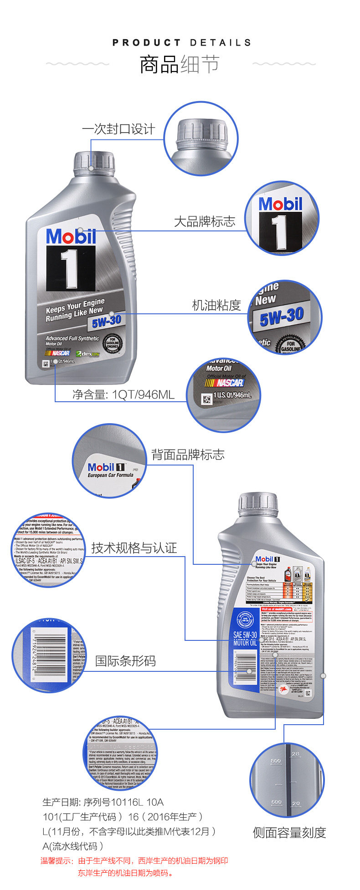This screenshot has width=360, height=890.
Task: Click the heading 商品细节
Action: pyautogui.click(x=180, y=65)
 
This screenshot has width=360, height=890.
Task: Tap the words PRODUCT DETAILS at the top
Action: pyautogui.click(x=181, y=43)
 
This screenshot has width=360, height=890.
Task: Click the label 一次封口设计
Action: pyautogui.click(x=118, y=129)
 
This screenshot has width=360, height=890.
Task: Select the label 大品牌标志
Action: pyautogui.click(x=204, y=221)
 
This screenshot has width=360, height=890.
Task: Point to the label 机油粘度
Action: pyautogui.click(x=216, y=305)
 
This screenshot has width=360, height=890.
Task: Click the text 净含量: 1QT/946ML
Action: pyautogui.click(x=123, y=394)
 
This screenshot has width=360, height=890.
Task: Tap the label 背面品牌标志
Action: pyautogui.click(x=188, y=455)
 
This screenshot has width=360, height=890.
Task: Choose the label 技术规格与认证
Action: pyautogui.click(x=134, y=548)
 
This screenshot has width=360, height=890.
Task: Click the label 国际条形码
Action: pyautogui.click(x=125, y=661)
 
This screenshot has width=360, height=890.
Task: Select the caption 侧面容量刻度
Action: pyautogui.click(x=289, y=833)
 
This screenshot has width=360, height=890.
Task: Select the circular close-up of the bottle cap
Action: pyautogui.click(x=201, y=138)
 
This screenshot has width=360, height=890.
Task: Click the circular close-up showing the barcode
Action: pyautogui.click(x=49, y=655)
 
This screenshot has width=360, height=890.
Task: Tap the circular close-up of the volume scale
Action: pyautogui.click(x=287, y=780)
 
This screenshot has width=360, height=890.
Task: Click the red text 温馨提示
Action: pyautogui.click(x=57, y=860)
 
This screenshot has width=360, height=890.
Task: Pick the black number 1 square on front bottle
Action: pyautogui.click(x=71, y=268)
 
